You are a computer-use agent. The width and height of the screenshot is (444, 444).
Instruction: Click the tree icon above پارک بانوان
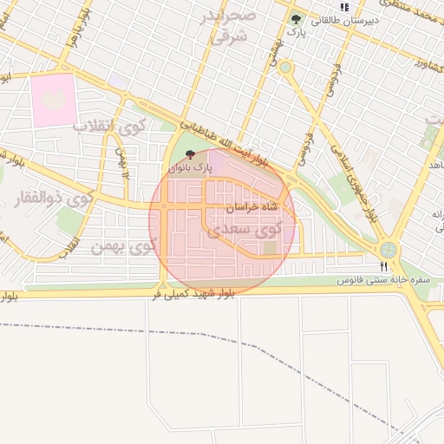pyautogui.click(x=191, y=153)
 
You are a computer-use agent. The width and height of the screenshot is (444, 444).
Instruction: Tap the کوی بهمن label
pyautogui.click(x=122, y=247)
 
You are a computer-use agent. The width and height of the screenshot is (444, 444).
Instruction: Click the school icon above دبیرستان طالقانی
pyautogui.click(x=344, y=7)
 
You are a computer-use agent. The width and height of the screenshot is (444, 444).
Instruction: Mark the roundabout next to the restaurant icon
pyautogui.click(x=388, y=250)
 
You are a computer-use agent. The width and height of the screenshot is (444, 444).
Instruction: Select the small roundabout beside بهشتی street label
pyautogui.click(x=285, y=67)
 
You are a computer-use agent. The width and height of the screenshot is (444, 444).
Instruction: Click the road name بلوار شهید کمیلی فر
pyautogui.click(x=192, y=296)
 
